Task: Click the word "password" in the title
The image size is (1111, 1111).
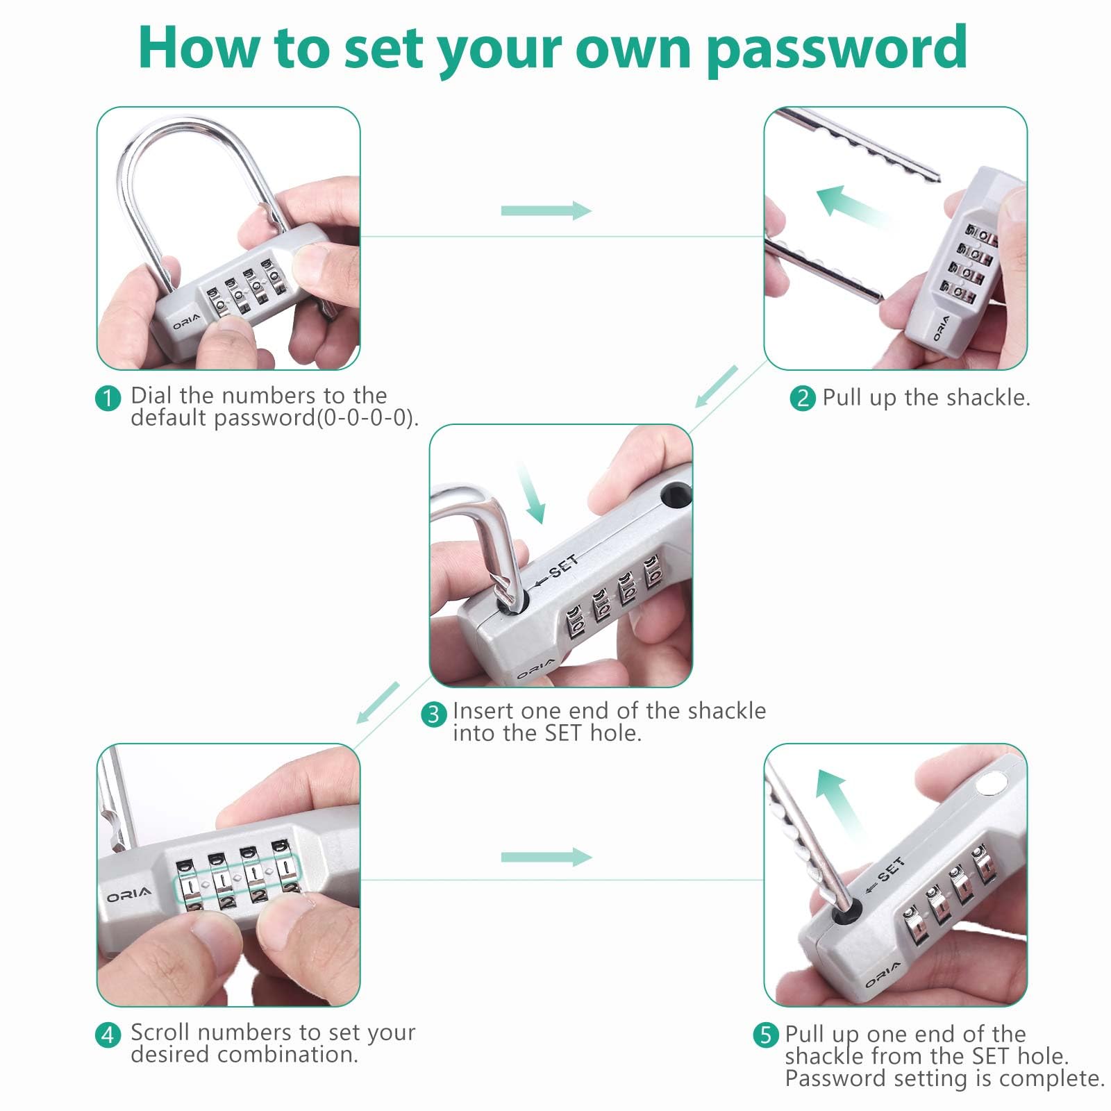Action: tap(837, 49)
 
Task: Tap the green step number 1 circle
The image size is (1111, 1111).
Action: tap(108, 399)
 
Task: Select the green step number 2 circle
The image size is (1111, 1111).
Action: tap(803, 398)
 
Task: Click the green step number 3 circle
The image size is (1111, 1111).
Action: tap(434, 715)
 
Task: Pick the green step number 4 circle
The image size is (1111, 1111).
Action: tap(108, 1035)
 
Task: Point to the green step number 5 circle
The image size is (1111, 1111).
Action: tap(766, 1035)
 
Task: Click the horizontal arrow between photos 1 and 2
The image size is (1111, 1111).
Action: tap(546, 210)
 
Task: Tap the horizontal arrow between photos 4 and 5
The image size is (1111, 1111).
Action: tap(546, 858)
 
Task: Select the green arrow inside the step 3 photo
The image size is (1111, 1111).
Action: tap(532, 492)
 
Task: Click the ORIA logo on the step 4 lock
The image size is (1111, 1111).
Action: tap(128, 894)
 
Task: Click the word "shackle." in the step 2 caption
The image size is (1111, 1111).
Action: tap(989, 398)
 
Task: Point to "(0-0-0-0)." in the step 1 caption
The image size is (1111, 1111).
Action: tap(367, 418)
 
